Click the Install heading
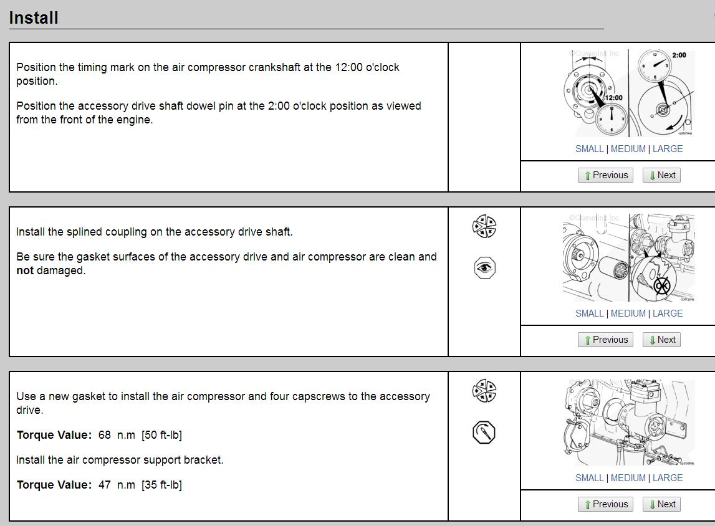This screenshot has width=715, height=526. (34, 18)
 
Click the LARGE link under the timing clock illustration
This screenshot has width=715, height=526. (668, 149)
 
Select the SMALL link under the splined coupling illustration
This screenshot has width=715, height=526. (589, 313)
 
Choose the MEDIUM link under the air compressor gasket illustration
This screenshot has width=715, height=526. (628, 478)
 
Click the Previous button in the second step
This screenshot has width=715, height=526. (605, 340)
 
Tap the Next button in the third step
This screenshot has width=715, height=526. (661, 504)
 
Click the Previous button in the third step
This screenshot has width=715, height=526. (605, 504)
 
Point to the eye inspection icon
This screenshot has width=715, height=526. (484, 268)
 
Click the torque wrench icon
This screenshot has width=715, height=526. (484, 432)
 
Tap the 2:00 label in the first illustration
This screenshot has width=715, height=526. (679, 55)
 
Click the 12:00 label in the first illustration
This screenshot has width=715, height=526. (614, 98)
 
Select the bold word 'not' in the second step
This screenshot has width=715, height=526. (25, 270)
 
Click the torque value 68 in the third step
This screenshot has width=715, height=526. (105, 435)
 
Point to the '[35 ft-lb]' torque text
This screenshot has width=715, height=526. (161, 485)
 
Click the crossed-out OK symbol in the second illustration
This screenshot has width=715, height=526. (661, 286)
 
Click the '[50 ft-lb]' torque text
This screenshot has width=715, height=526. (161, 435)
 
